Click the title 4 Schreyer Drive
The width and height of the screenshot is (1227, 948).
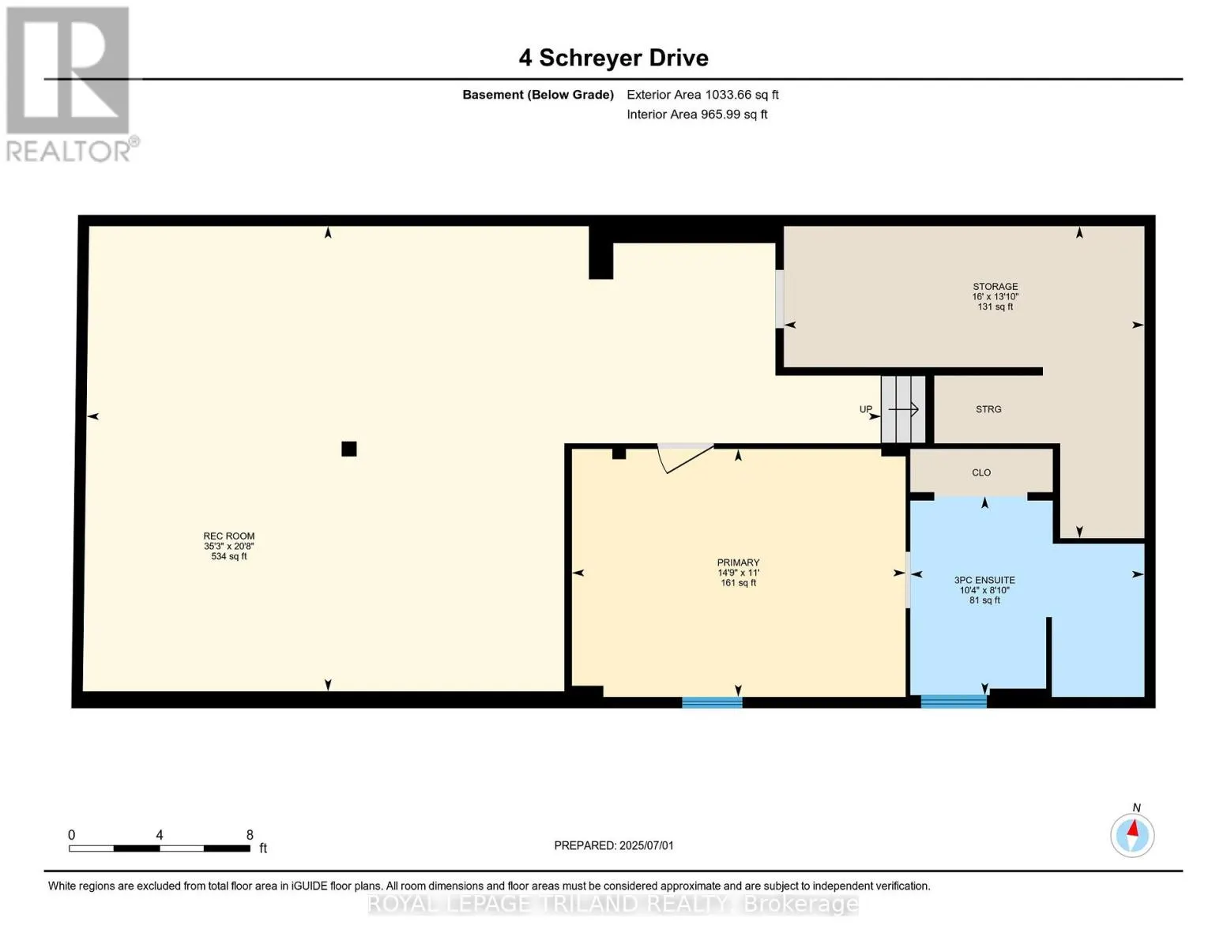point(613,58)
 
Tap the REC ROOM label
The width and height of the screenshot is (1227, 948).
point(228,536)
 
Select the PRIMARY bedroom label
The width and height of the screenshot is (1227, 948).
point(738,562)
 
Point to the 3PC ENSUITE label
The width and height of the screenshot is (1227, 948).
point(984,580)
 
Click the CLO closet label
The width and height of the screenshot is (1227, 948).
point(981,472)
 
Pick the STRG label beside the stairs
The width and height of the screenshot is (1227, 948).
point(988,409)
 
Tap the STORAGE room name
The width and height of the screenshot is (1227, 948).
point(995,286)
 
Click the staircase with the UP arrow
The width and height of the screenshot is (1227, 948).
point(903,409)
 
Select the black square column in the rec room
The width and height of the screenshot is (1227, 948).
point(349,449)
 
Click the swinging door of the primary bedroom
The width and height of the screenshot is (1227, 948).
point(685,458)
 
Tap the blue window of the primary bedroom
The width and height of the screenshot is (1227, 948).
point(712,702)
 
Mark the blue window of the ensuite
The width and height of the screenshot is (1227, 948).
point(954,702)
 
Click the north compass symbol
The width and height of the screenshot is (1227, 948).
point(1132,835)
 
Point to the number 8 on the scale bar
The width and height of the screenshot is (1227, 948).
point(250,834)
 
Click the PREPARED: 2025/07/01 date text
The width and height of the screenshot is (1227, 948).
point(614,845)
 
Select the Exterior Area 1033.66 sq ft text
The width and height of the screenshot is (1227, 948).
point(702,95)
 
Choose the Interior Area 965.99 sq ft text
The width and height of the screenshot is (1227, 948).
point(697,114)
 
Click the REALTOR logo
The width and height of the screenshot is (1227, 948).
point(70,85)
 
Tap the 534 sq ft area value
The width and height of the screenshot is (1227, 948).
point(228,556)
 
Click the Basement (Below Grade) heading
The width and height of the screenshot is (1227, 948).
point(538,95)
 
